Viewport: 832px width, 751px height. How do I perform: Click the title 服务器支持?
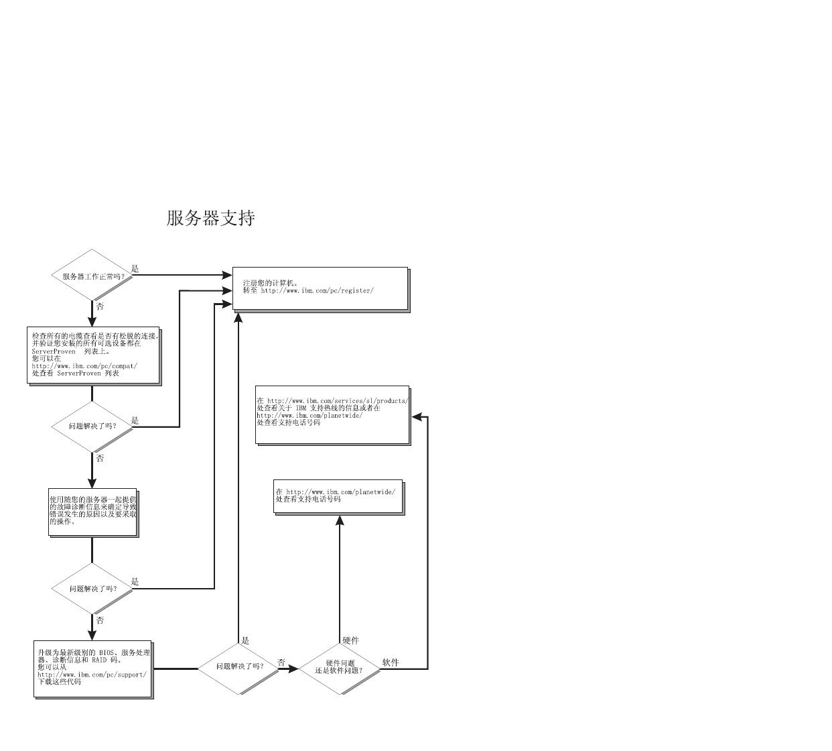point(210,218)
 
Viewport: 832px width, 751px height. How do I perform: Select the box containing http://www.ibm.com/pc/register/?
point(320,288)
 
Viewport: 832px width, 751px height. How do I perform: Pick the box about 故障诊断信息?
point(92,512)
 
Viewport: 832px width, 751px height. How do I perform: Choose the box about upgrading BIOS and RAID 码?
point(93,669)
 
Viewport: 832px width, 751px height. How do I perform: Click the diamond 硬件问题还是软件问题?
point(339,668)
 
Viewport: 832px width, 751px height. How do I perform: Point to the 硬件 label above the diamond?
point(350,640)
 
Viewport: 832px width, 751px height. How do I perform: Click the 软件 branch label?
point(391,662)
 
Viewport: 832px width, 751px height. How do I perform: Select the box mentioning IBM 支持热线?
point(332,414)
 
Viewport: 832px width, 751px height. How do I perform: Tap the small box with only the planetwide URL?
point(338,496)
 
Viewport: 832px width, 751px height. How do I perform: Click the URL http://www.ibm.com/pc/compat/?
point(84,366)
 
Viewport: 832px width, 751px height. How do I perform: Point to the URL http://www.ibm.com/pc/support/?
point(92,675)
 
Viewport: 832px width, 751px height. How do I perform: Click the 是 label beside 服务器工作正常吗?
point(135,268)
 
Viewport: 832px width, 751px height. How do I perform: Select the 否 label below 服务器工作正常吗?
point(100,306)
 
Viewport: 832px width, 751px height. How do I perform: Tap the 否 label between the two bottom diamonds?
point(281,662)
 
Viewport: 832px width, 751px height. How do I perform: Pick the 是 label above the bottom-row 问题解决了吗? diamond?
point(245,640)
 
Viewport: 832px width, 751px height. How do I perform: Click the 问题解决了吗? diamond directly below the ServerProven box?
point(92,426)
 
